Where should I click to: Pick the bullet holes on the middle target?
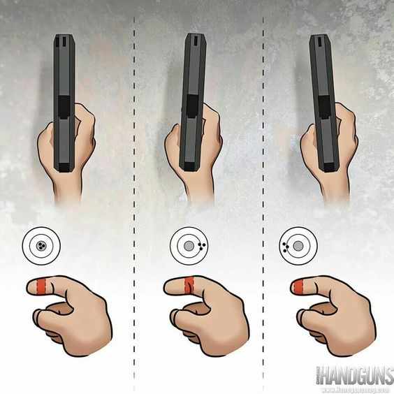tap(201, 246)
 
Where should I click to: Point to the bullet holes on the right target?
tap(286, 246)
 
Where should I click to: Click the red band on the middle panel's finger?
tap(187, 285)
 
